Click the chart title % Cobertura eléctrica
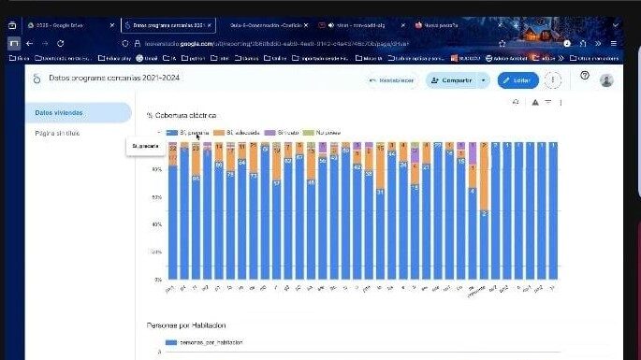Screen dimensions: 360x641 [182, 115]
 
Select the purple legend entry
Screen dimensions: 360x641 [287, 134]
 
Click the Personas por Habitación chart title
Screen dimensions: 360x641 [186, 325]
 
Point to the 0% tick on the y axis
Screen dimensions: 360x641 [157, 279]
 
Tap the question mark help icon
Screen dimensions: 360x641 [584, 77]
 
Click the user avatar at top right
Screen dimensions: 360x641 [606, 80]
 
